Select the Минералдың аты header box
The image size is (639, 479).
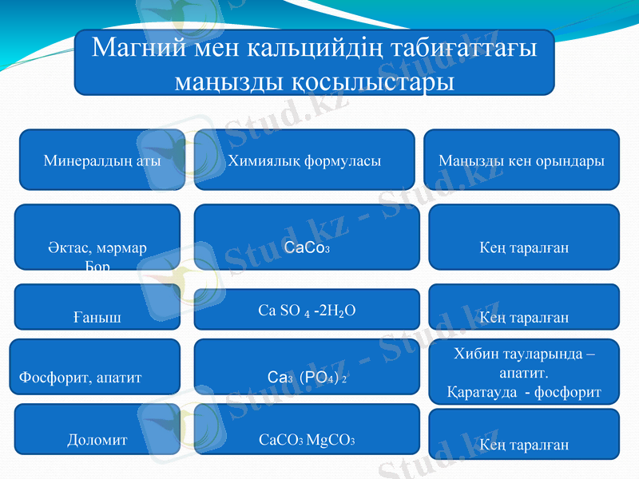pos(102,160)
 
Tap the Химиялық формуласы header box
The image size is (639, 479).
pos(304,160)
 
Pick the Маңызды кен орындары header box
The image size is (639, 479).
pos(521,160)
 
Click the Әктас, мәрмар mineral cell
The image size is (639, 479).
pos(97,247)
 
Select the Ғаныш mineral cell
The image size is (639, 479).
pos(97,318)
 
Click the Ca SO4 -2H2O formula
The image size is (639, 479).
pos(308,310)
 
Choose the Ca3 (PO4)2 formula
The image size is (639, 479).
pos(308,376)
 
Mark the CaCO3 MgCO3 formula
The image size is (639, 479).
pos(308,439)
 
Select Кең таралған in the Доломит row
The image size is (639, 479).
pos(524,445)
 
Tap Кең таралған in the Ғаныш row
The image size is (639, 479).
pos(524,318)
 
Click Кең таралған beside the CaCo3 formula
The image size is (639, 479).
pos(524,247)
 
